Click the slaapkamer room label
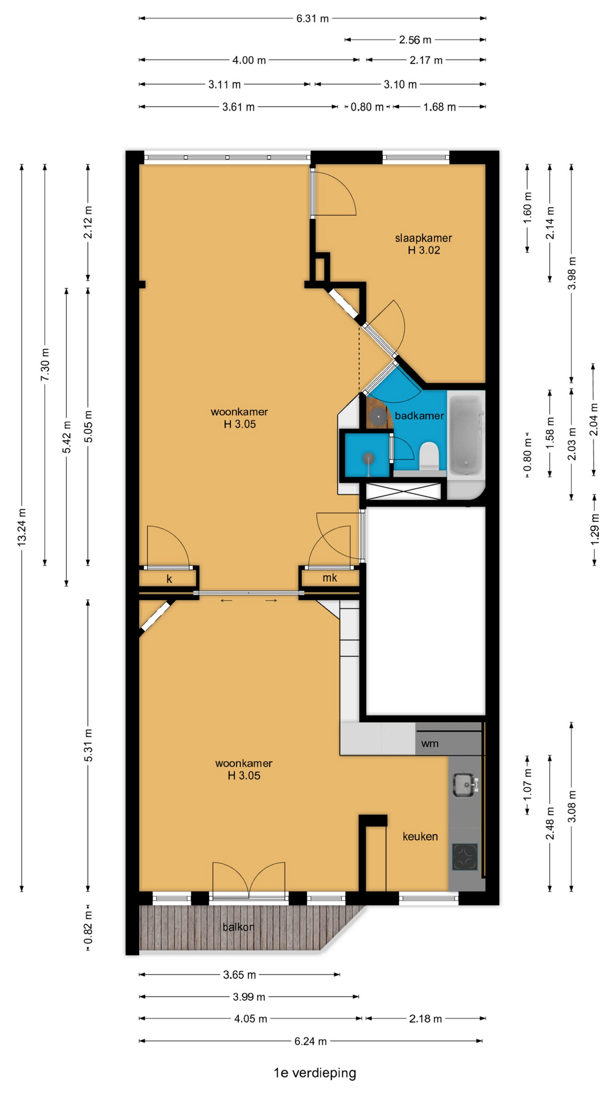click(x=423, y=238)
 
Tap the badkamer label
click(x=419, y=416)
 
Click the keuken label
click(x=420, y=836)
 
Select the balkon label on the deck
click(x=238, y=927)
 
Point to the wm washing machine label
click(x=430, y=744)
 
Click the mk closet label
click(x=330, y=578)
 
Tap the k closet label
click(x=169, y=579)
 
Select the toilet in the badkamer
click(x=429, y=456)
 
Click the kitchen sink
click(x=464, y=785)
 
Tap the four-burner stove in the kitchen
click(x=465, y=857)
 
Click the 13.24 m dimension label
click(x=22, y=527)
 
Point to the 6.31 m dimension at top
click(x=312, y=18)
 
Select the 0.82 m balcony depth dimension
click(x=88, y=928)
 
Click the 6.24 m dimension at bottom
click(x=310, y=1041)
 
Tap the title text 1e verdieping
click(x=315, y=1073)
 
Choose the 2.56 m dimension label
click(x=415, y=40)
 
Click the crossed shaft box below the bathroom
click(x=403, y=492)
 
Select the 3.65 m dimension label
click(x=239, y=975)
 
